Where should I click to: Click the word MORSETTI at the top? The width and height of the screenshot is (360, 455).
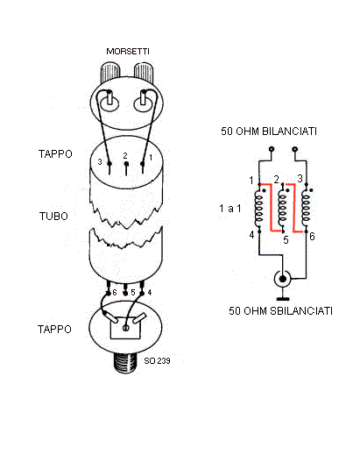click(128, 52)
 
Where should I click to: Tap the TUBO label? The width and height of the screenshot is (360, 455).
click(53, 217)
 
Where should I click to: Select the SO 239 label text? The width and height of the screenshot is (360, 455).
click(157, 361)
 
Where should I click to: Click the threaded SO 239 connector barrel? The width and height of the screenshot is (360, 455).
click(125, 363)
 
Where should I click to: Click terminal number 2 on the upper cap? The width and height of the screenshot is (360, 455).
click(125, 156)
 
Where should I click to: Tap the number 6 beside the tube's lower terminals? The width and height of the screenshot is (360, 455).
click(115, 292)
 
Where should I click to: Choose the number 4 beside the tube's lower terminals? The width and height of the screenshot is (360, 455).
click(150, 292)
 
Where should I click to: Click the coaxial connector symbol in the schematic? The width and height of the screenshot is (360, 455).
click(282, 279)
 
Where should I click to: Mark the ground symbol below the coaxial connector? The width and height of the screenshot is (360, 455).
click(283, 299)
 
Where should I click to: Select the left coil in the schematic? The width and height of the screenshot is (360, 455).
click(258, 208)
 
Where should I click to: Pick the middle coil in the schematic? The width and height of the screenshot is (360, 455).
click(282, 208)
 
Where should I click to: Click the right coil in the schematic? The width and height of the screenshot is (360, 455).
click(306, 208)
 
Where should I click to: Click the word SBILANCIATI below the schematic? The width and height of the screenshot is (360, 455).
click(301, 311)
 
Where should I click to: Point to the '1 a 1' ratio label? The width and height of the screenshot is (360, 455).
click(230, 209)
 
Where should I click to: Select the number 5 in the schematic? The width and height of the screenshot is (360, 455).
click(286, 240)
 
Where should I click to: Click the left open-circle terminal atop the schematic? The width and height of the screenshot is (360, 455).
click(272, 149)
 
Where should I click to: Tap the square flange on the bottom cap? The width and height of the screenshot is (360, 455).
click(125, 328)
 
